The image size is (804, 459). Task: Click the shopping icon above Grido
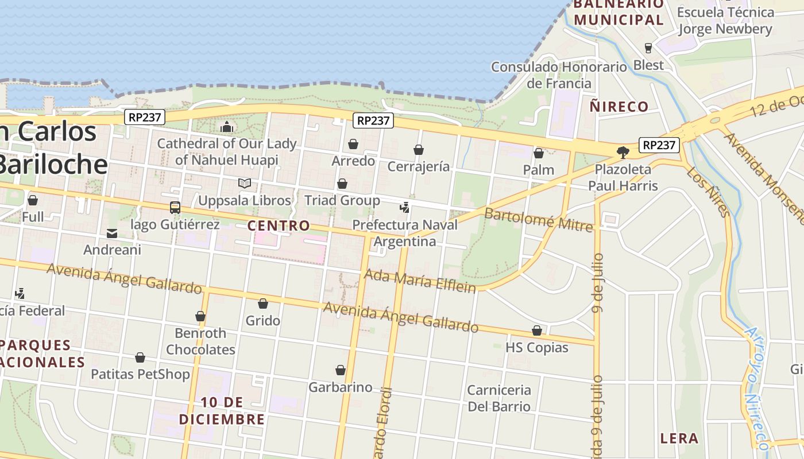tap(263, 304)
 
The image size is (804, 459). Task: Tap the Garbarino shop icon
tap(341, 370)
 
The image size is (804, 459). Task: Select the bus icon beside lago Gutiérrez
tap(175, 208)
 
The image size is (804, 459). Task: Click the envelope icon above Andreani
tap(112, 234)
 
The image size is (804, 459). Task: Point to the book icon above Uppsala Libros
tap(245, 183)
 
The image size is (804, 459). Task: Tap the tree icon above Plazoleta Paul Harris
tap(623, 152)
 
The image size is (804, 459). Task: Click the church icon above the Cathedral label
tap(227, 126)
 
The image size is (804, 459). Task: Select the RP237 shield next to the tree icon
tap(659, 145)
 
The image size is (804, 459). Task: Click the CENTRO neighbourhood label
tap(279, 225)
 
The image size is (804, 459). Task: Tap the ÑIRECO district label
tap(619, 106)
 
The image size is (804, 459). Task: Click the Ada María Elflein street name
tap(420, 281)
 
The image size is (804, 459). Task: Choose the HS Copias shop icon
tap(537, 330)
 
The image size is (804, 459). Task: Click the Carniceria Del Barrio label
tap(499, 398)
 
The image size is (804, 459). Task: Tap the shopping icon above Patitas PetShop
tap(140, 357)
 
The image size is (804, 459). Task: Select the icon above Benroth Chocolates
tap(200, 316)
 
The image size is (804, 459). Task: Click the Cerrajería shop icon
tap(419, 150)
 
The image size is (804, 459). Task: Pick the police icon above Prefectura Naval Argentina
tap(405, 208)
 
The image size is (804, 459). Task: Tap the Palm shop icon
tap(539, 153)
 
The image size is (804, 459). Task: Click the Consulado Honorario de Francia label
tap(559, 75)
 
